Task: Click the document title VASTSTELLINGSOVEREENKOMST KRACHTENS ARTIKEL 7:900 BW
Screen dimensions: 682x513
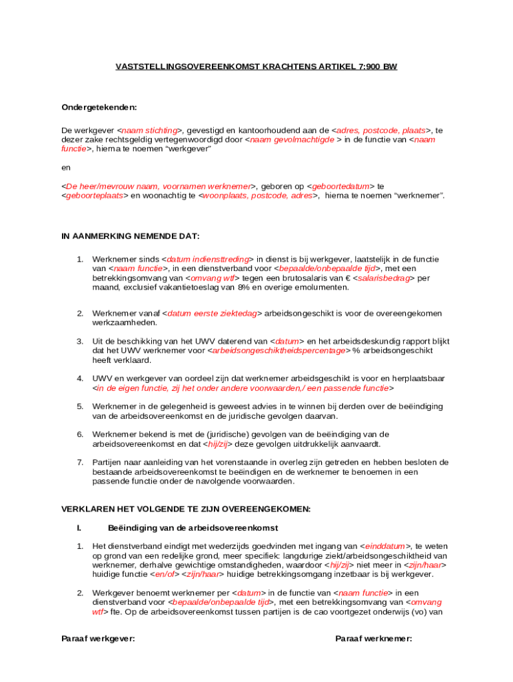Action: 256,67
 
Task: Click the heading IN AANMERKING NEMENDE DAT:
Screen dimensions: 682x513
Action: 131,236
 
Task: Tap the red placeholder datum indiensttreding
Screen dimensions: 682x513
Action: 208,259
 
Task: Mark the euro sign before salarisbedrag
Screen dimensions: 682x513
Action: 348,278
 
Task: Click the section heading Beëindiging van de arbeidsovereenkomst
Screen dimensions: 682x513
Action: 193,528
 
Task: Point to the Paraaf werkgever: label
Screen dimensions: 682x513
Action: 98,639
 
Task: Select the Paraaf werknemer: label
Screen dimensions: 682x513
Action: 374,639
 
